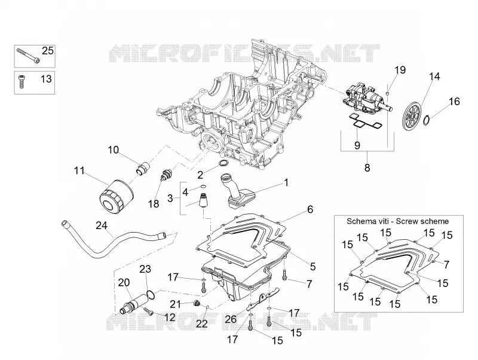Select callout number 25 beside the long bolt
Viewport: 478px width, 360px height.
(x=48, y=51)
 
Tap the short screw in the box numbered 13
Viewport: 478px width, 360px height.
(x=22, y=81)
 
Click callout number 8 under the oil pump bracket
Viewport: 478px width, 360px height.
(x=367, y=167)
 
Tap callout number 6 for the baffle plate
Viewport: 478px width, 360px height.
(x=310, y=209)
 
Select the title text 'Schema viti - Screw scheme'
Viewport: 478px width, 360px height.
(x=397, y=221)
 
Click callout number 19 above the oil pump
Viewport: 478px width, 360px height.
(x=400, y=70)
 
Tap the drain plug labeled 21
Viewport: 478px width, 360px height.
(x=197, y=304)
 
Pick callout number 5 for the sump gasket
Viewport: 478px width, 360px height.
(x=312, y=266)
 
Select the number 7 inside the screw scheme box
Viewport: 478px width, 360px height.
(x=446, y=264)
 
